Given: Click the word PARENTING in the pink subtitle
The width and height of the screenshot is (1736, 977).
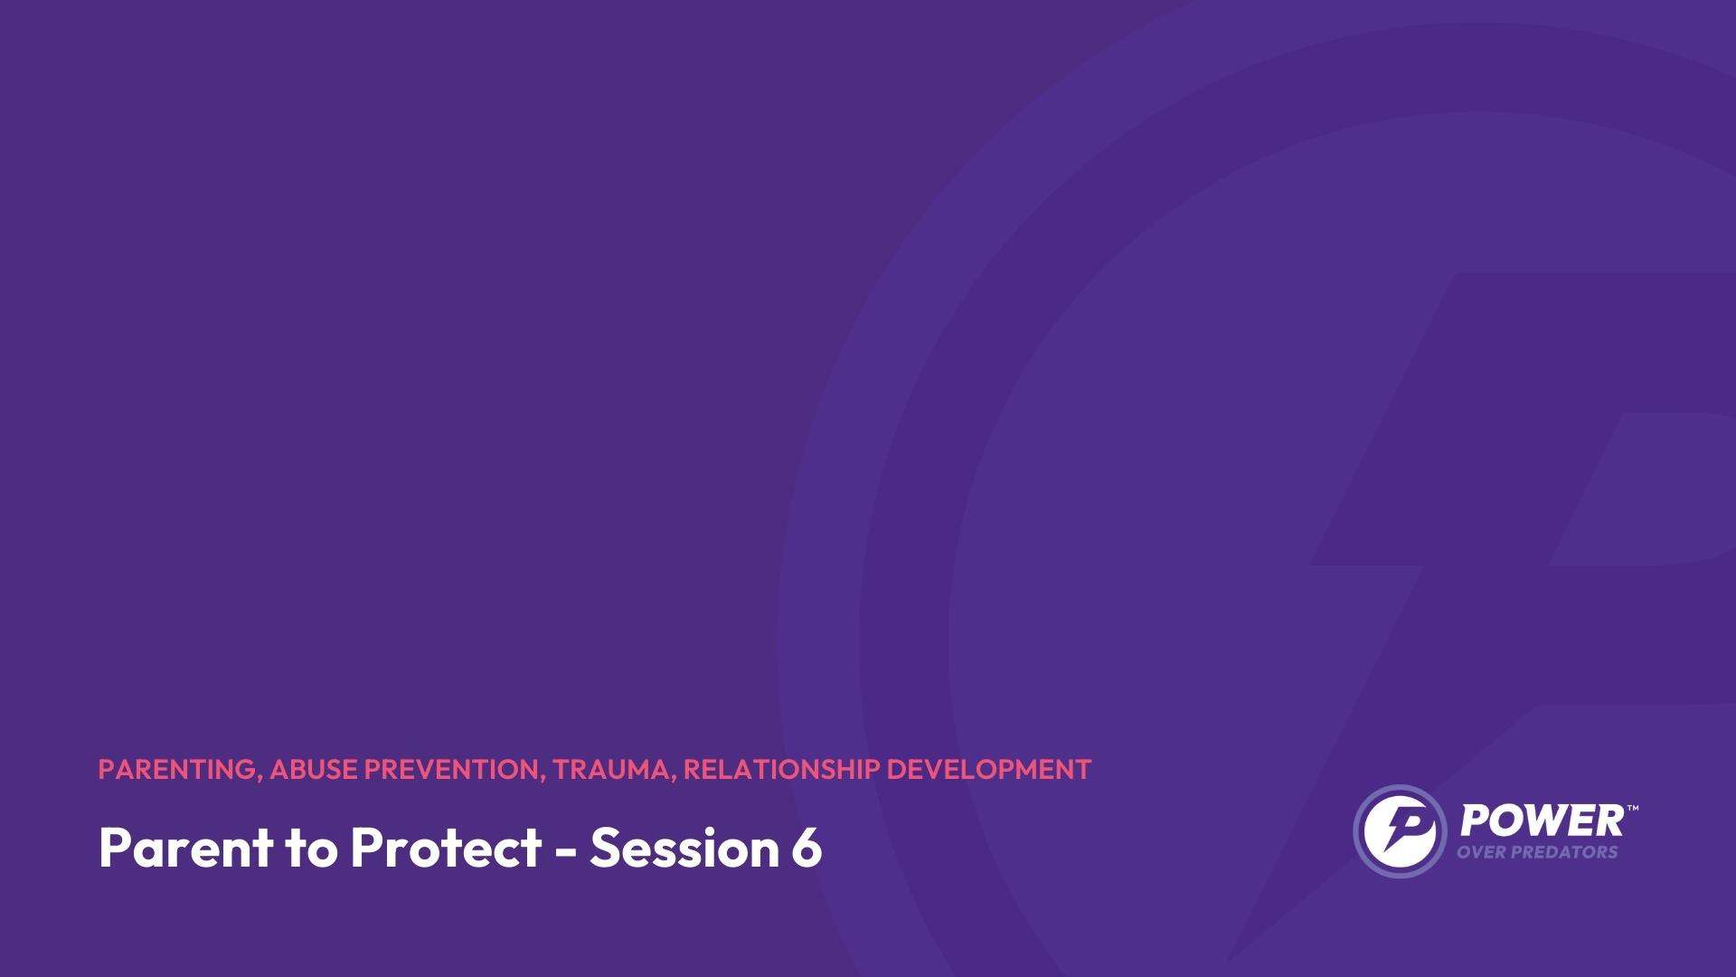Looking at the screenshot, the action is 177,769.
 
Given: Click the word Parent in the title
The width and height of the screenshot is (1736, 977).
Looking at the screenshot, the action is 186,848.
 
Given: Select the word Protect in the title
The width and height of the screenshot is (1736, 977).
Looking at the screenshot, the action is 446,848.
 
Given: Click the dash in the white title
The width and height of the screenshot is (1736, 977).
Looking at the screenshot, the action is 565,851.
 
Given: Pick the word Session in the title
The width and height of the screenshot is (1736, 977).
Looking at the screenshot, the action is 683,848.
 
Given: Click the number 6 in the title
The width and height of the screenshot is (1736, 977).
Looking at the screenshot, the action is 805,848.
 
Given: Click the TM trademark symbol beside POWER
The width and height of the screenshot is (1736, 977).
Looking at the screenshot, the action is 1632,808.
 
